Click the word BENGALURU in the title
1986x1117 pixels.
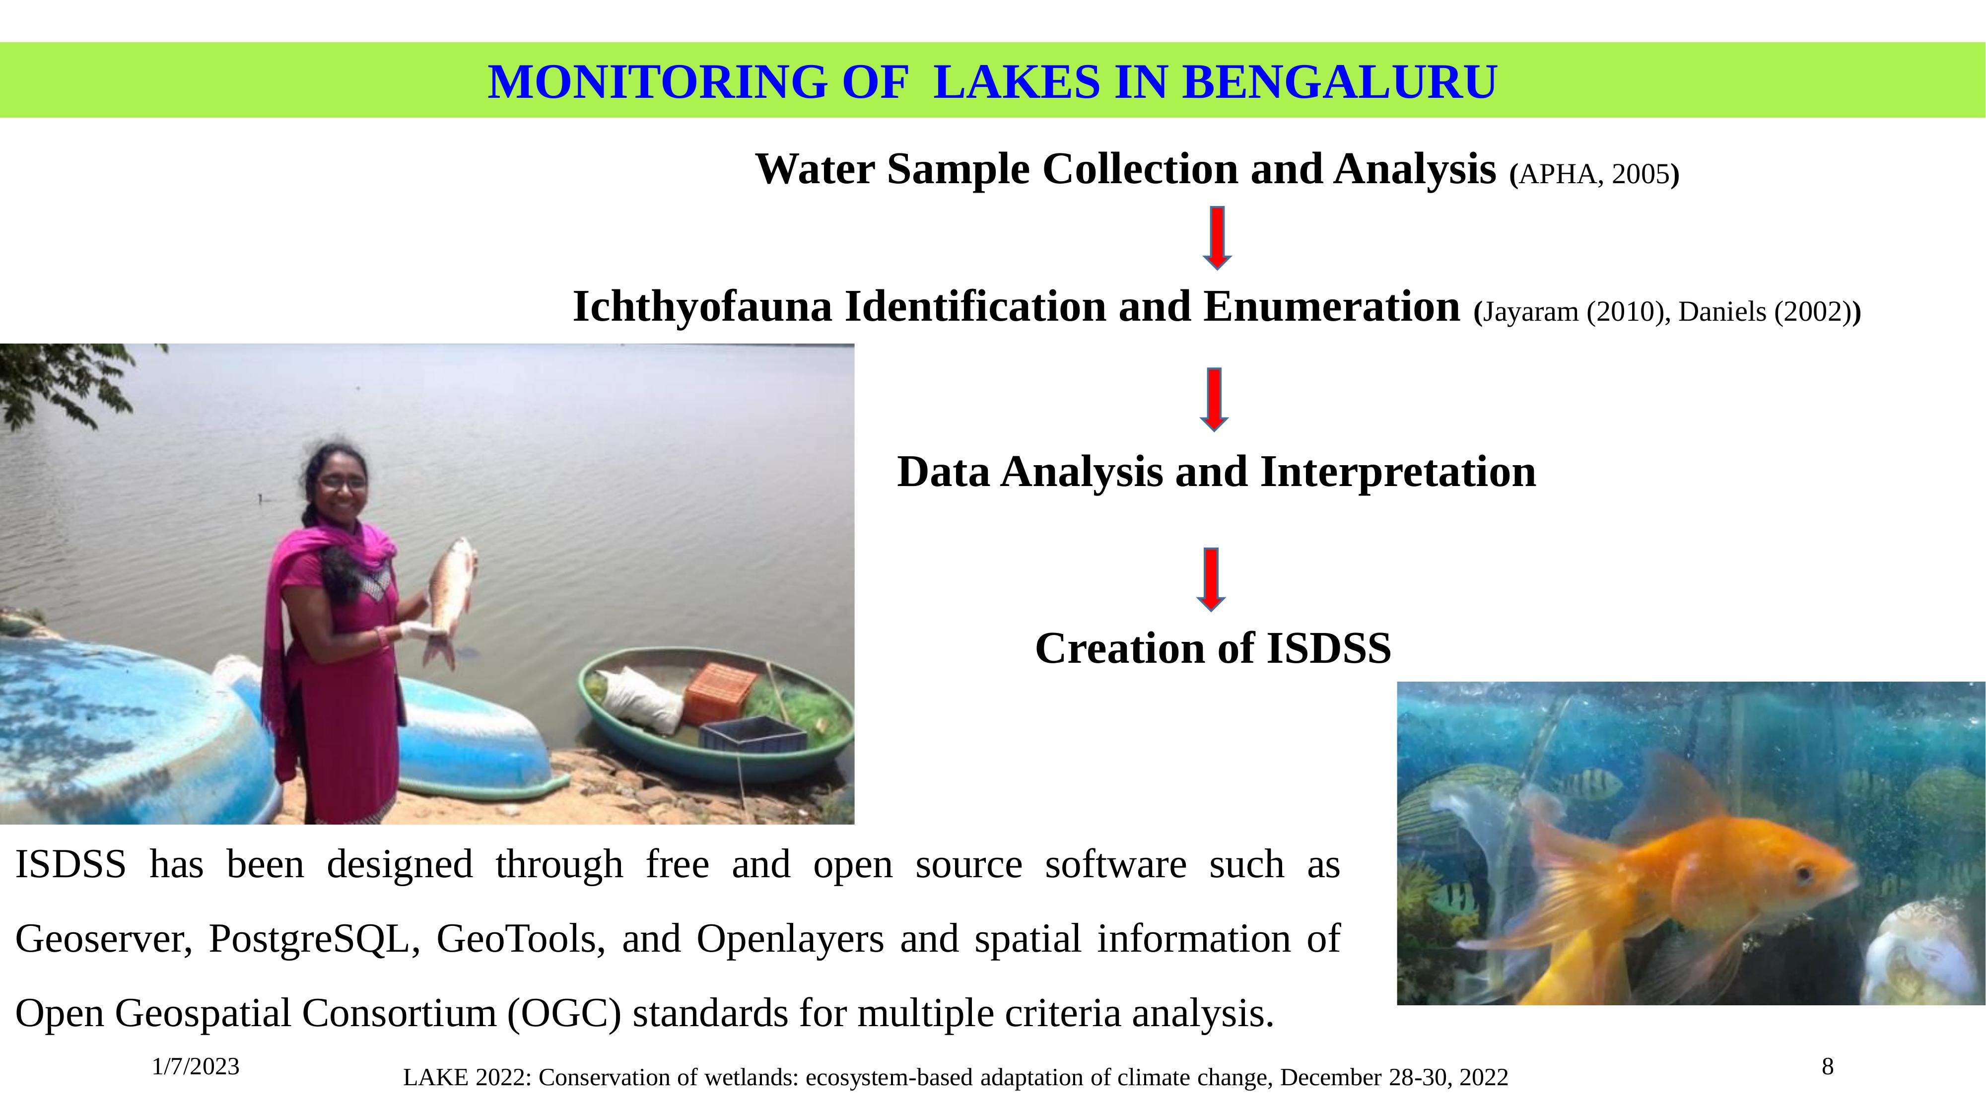[x=1339, y=82]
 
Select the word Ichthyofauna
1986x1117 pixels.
[x=702, y=307]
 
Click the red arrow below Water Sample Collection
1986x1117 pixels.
[x=1217, y=237]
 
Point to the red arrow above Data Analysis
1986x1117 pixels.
[x=1214, y=399]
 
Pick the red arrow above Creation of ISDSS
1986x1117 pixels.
[x=1211, y=580]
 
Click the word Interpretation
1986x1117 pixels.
[x=1398, y=472]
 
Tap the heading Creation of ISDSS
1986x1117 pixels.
[x=1213, y=647]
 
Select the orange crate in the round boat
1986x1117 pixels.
[x=721, y=692]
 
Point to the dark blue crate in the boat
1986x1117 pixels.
[x=752, y=735]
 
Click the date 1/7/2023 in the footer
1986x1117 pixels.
[x=196, y=1067]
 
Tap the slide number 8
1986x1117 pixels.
[x=1827, y=1067]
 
